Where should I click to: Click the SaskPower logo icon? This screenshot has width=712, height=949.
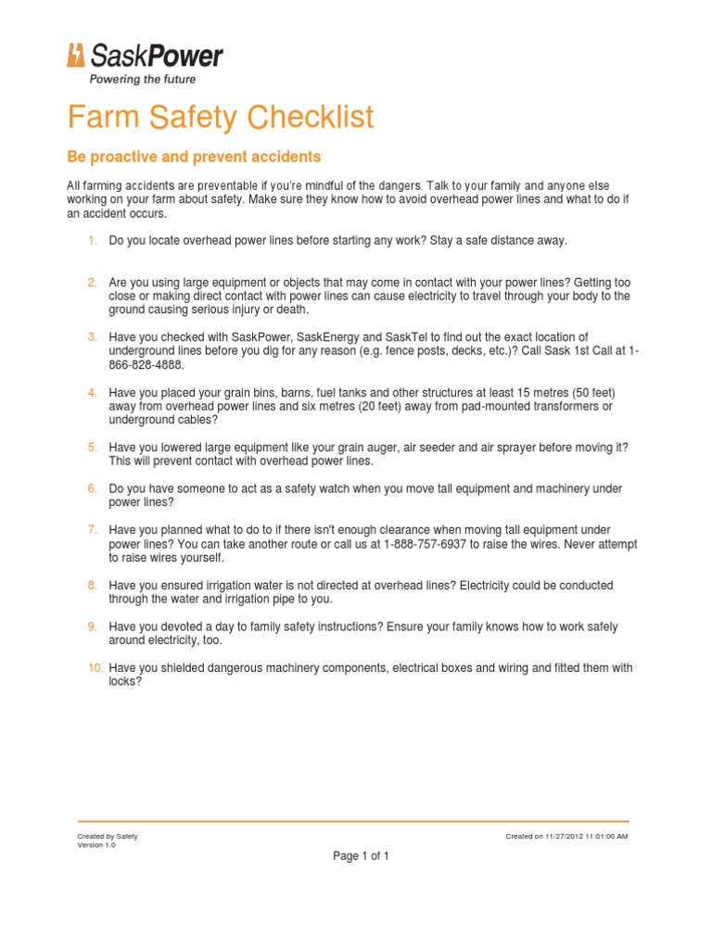76,56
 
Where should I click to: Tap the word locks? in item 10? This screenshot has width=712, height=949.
125,681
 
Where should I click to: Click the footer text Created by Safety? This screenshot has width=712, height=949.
108,836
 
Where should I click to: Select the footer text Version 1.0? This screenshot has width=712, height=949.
95,845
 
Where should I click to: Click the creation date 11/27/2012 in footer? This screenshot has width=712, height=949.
566,836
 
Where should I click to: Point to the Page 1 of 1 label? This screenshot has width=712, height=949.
361,856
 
